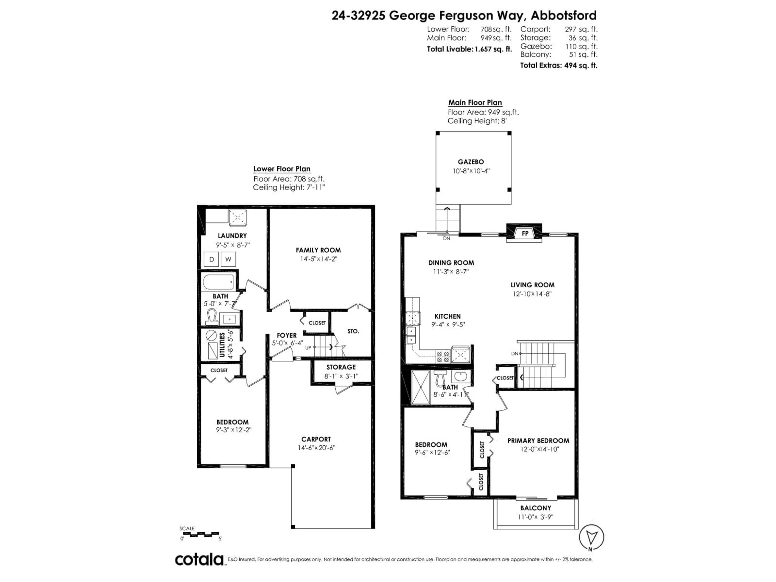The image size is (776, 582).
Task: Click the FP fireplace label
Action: [525, 233]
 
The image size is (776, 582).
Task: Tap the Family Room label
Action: [318, 250]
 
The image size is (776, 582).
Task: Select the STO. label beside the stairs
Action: [353, 331]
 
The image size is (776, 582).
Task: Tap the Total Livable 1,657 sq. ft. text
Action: [469, 49]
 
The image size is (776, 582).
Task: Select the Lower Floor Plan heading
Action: [282, 169]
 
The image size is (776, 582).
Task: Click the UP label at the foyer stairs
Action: [308, 348]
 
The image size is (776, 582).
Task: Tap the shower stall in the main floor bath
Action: [420, 387]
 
